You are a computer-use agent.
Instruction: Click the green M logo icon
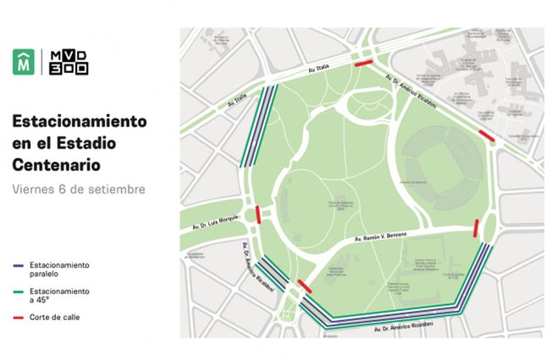click(23, 63)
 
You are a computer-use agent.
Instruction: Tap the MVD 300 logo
click(69, 63)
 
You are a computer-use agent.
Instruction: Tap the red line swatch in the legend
click(22, 318)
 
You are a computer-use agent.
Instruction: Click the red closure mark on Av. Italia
click(362, 64)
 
